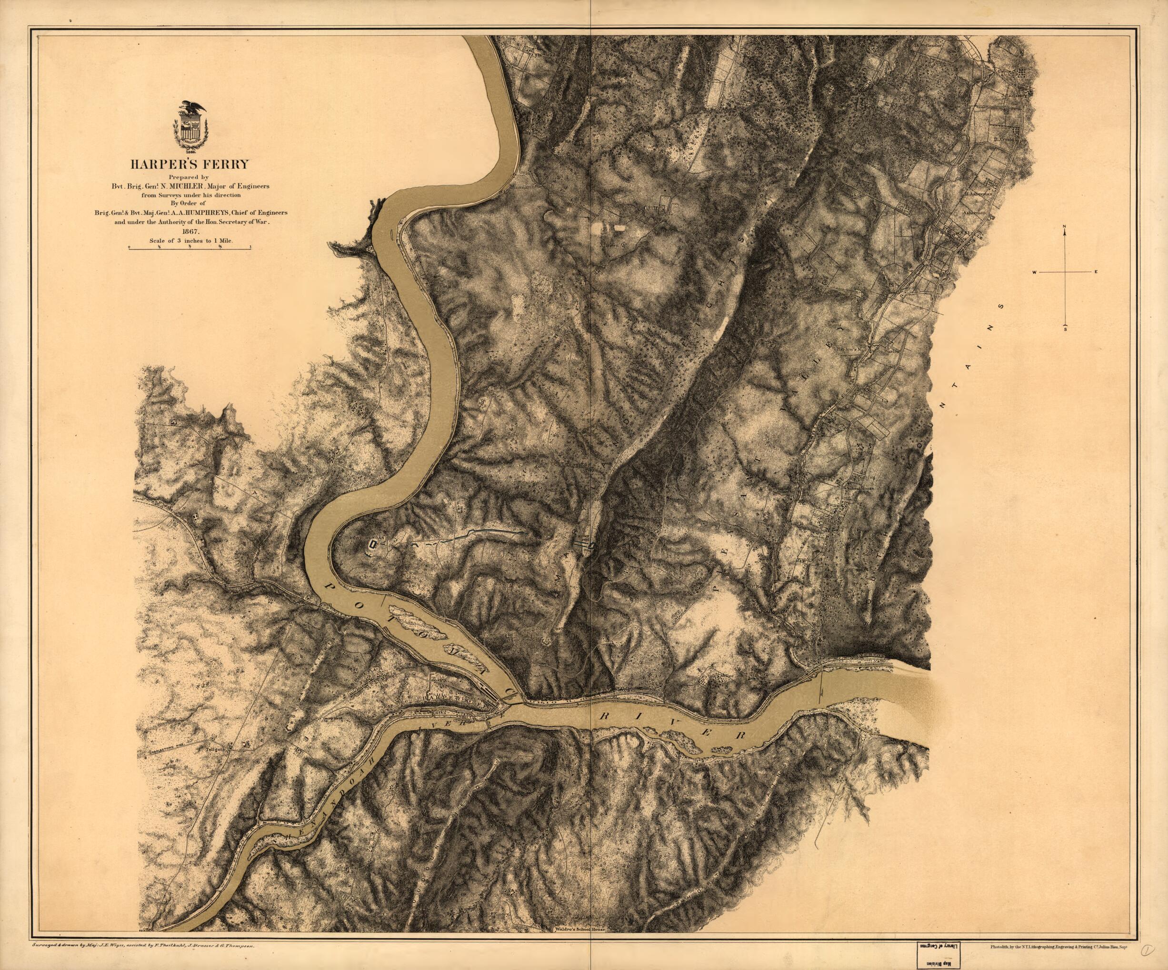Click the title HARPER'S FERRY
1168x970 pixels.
coord(190,164)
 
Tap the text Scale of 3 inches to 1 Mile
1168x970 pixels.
coord(190,240)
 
